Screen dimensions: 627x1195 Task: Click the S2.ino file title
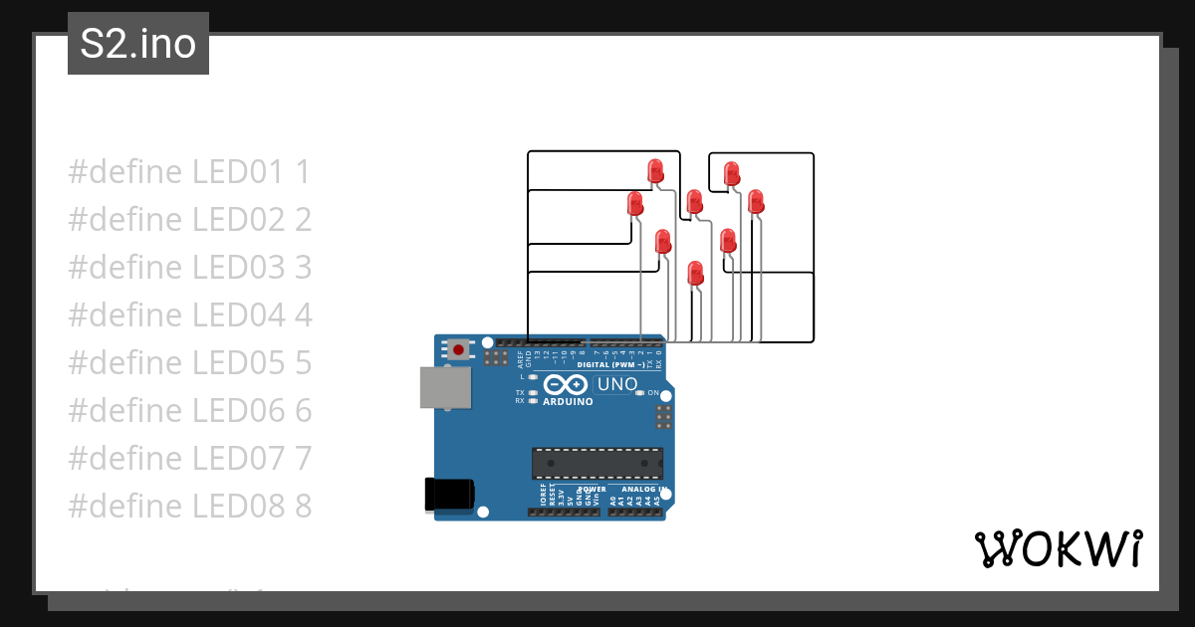point(137,44)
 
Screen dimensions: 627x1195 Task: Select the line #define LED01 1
point(189,172)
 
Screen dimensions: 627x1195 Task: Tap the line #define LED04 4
point(189,315)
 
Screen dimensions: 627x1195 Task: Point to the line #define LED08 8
point(189,507)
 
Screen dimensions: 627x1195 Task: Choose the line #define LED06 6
point(189,411)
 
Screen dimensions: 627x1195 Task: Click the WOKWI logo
point(1058,548)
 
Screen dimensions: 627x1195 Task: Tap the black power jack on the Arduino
point(449,495)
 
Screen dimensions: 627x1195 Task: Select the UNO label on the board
point(616,384)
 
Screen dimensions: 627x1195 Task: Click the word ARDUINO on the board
point(569,402)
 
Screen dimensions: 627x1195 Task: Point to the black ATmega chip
point(597,463)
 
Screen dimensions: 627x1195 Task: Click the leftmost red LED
point(635,205)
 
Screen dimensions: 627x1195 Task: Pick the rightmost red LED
point(756,201)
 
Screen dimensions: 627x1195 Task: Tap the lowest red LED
point(696,273)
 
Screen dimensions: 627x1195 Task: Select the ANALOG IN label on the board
point(642,490)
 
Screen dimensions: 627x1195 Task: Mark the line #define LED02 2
point(189,220)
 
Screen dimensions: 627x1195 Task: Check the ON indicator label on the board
point(653,393)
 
